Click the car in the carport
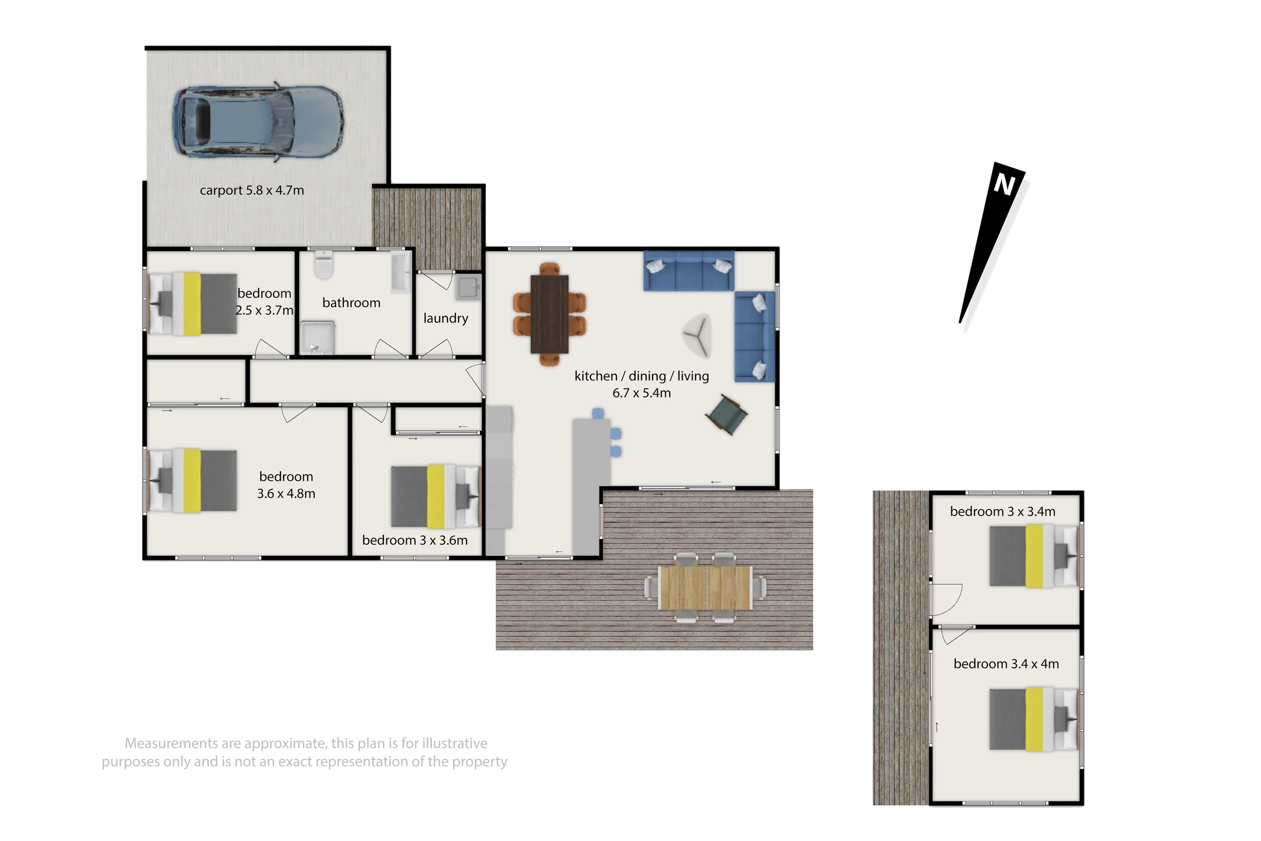pyautogui.click(x=258, y=121)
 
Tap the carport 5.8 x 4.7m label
pyautogui.click(x=252, y=190)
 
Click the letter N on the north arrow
pyautogui.click(x=1004, y=185)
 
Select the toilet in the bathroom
pyautogui.click(x=324, y=264)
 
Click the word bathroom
pyautogui.click(x=351, y=303)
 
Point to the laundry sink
pyautogui.click(x=468, y=287)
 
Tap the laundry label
pyautogui.click(x=445, y=319)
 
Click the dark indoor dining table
pyautogui.click(x=549, y=314)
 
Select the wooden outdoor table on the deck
pyautogui.click(x=706, y=588)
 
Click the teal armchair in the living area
pyautogui.click(x=726, y=414)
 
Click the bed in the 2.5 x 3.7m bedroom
pyautogui.click(x=193, y=304)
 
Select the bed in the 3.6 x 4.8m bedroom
pyautogui.click(x=193, y=481)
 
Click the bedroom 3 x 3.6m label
pyautogui.click(x=415, y=541)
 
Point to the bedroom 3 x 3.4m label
pyautogui.click(x=1003, y=512)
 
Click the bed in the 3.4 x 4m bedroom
pyautogui.click(x=1034, y=719)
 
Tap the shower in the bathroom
pyautogui.click(x=318, y=338)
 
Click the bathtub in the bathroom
pyautogui.click(x=401, y=272)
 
